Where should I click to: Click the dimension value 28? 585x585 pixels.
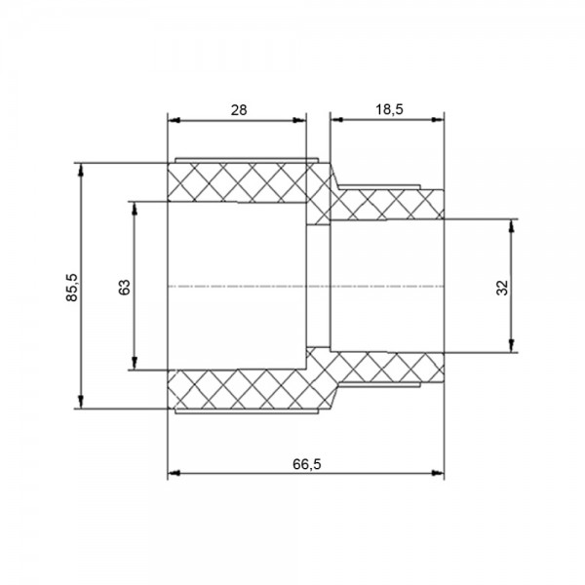tap(239, 110)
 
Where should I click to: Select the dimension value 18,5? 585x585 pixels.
tap(389, 109)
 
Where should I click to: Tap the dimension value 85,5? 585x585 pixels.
tap(71, 288)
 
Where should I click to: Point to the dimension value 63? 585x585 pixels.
tap(125, 288)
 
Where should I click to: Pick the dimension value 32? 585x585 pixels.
tap(502, 288)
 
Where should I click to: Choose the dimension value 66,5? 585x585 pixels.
tap(307, 464)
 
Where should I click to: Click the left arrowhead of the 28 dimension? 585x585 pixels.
tap(174, 120)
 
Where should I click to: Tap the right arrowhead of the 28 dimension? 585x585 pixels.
tap(299, 120)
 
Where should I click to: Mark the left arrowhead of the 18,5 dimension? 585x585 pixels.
tap(337, 119)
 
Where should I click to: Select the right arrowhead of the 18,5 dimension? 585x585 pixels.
tap(437, 119)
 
